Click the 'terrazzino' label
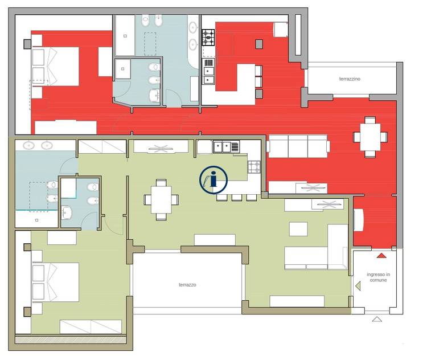[x=350, y=79]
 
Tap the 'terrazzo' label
[x=187, y=285]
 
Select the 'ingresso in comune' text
[x=378, y=277]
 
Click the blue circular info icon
[x=213, y=180]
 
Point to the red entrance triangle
[x=381, y=256]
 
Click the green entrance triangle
[x=358, y=286]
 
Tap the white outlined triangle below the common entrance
[x=377, y=319]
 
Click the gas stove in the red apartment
[x=208, y=38]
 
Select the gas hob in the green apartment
[x=254, y=167]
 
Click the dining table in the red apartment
[x=370, y=137]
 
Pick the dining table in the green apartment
[x=161, y=200]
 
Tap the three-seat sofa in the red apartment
[x=298, y=146]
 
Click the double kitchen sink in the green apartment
[x=226, y=147]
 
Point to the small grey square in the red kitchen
[x=259, y=44]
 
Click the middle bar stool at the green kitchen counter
[x=236, y=198]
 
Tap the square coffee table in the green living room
[x=298, y=229]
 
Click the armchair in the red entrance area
[x=358, y=220]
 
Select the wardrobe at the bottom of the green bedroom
[x=91, y=327]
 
